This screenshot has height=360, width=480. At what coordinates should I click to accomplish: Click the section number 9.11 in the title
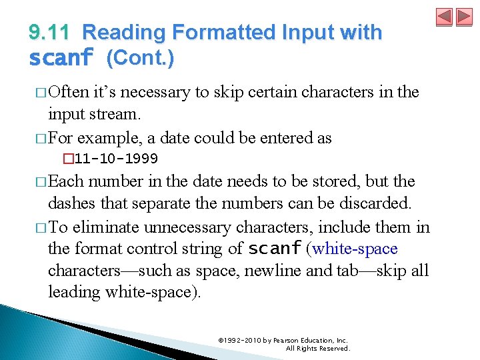pos(51,32)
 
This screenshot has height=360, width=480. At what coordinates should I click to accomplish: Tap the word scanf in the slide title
pos(61,59)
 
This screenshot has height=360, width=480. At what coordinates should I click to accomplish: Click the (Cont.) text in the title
pos(140,58)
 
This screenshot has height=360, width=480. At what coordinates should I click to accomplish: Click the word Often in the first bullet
pos(71,92)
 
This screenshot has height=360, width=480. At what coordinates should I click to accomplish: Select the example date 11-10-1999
pos(116,159)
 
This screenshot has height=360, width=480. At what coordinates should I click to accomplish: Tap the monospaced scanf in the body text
pos(274,249)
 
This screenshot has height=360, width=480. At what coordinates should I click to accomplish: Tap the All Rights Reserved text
pos(317,348)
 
